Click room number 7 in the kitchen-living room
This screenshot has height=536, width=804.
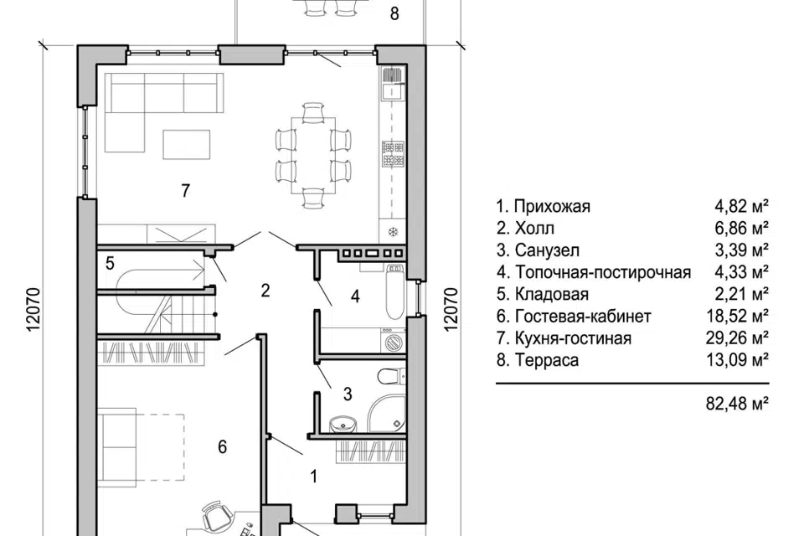(185, 190)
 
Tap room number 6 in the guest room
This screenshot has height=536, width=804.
(222, 446)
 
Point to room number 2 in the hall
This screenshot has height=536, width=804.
(265, 291)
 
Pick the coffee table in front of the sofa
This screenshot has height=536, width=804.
(186, 144)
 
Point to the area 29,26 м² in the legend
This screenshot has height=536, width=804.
(737, 338)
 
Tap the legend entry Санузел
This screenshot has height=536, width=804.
(537, 250)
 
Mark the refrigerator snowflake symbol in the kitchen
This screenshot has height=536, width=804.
(390, 230)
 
